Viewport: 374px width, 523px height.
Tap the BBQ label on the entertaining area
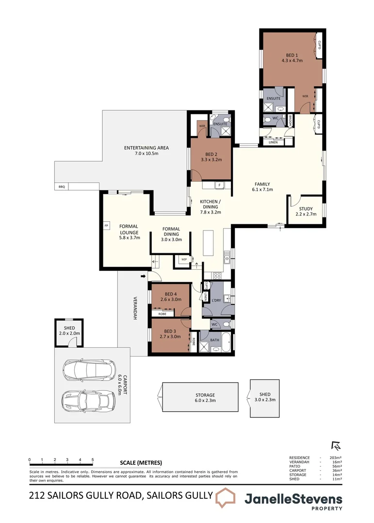tap(61, 186)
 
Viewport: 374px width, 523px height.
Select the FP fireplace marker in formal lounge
tap(106, 226)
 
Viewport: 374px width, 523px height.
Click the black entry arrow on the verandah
tap(143, 277)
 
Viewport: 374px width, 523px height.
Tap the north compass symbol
tap(334, 445)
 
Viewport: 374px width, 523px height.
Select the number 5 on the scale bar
tap(93, 459)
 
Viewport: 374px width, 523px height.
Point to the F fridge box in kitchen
tap(219, 185)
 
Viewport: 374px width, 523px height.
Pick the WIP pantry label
tap(184, 260)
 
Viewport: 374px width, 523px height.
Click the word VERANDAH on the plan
tap(135, 308)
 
